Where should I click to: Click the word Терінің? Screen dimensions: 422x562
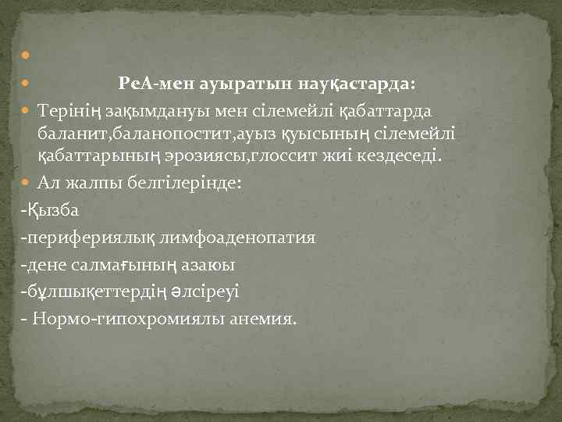(69, 113)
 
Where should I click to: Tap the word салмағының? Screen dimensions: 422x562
(149, 265)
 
